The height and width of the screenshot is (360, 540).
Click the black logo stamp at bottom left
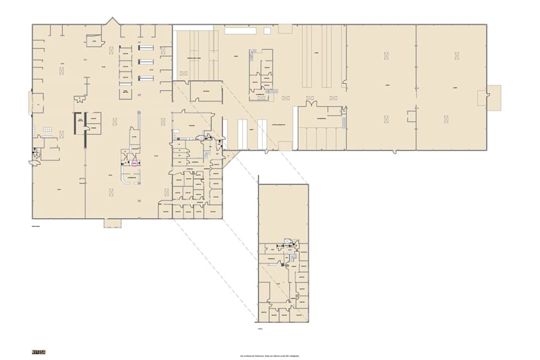pyautogui.click(x=38, y=351)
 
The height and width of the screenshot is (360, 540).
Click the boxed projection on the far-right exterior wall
pyautogui.click(x=493, y=97)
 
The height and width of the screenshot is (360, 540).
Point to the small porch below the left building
pyautogui.click(x=112, y=223)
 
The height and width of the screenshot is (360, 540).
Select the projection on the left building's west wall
pyautogui.click(x=30, y=103)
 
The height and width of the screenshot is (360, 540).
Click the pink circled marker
pyautogui.click(x=134, y=161)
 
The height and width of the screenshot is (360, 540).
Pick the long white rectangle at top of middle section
pyautogui.click(x=193, y=28)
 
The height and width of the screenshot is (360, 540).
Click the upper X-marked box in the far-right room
pyautogui.click(x=457, y=56)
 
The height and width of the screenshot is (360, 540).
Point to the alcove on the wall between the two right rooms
pyautogui.click(x=411, y=115)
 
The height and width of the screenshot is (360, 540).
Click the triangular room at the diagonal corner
pyautogui.click(x=230, y=158)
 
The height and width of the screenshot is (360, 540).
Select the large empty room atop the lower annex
pyautogui.click(x=283, y=210)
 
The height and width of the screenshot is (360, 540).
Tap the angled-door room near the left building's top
pyautogui.click(x=94, y=40)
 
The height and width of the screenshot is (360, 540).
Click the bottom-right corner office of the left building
pyautogui.click(x=213, y=212)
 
